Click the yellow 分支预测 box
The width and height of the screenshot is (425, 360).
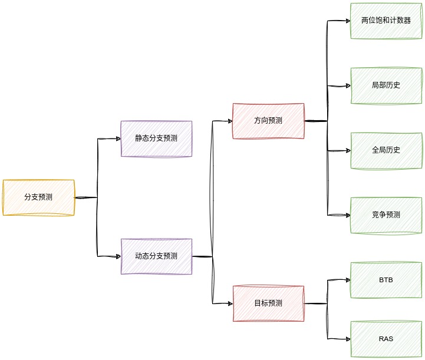click(38, 197)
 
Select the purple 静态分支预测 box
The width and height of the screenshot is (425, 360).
click(156, 138)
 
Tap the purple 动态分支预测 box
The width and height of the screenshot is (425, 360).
click(156, 256)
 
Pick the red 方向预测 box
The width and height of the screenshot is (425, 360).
click(268, 121)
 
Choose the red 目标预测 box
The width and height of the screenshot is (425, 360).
click(268, 303)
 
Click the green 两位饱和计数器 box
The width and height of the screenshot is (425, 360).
click(386, 21)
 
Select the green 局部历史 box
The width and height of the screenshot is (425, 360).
click(386, 85)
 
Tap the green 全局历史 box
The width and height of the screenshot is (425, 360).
click(386, 150)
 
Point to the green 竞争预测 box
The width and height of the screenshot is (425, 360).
click(386, 215)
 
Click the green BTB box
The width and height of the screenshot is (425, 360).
click(386, 280)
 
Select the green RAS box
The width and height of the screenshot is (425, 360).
click(386, 339)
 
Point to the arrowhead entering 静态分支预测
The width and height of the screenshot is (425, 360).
click(117, 138)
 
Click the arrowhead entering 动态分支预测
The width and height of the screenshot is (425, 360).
click(117, 256)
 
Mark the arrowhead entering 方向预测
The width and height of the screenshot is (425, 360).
click(229, 121)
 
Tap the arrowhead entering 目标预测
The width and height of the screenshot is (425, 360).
click(229, 303)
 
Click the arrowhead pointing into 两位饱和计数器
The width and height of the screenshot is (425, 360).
click(347, 21)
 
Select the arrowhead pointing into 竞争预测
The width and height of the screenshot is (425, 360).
click(347, 215)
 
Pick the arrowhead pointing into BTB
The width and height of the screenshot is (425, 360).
click(347, 280)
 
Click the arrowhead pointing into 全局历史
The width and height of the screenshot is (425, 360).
click(347, 150)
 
